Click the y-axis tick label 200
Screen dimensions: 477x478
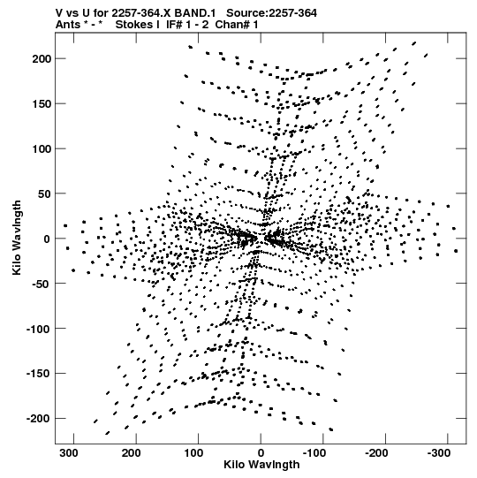coord(42,59)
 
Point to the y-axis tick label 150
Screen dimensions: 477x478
coord(42,104)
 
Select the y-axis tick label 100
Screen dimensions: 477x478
coord(42,149)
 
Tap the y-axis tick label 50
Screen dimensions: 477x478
coord(45,193)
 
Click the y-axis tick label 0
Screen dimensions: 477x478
coord(47,239)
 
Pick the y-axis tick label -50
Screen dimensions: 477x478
coord(42,284)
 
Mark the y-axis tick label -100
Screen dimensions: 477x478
coord(39,329)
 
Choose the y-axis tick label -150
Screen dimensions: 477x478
coord(39,374)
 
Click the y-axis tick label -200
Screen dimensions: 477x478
coord(39,419)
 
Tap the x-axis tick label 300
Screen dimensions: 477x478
coord(69,453)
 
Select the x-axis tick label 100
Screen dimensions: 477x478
coord(193,453)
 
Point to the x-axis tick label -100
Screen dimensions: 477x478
coord(314,453)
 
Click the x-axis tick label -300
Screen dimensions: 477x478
coord(439,453)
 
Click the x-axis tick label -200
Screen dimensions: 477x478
coord(376,453)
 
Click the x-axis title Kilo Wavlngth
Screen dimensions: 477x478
coord(261,465)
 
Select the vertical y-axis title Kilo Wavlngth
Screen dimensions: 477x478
coord(17,238)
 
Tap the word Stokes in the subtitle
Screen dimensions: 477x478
coord(137,25)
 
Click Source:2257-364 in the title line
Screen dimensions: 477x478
coord(271,13)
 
